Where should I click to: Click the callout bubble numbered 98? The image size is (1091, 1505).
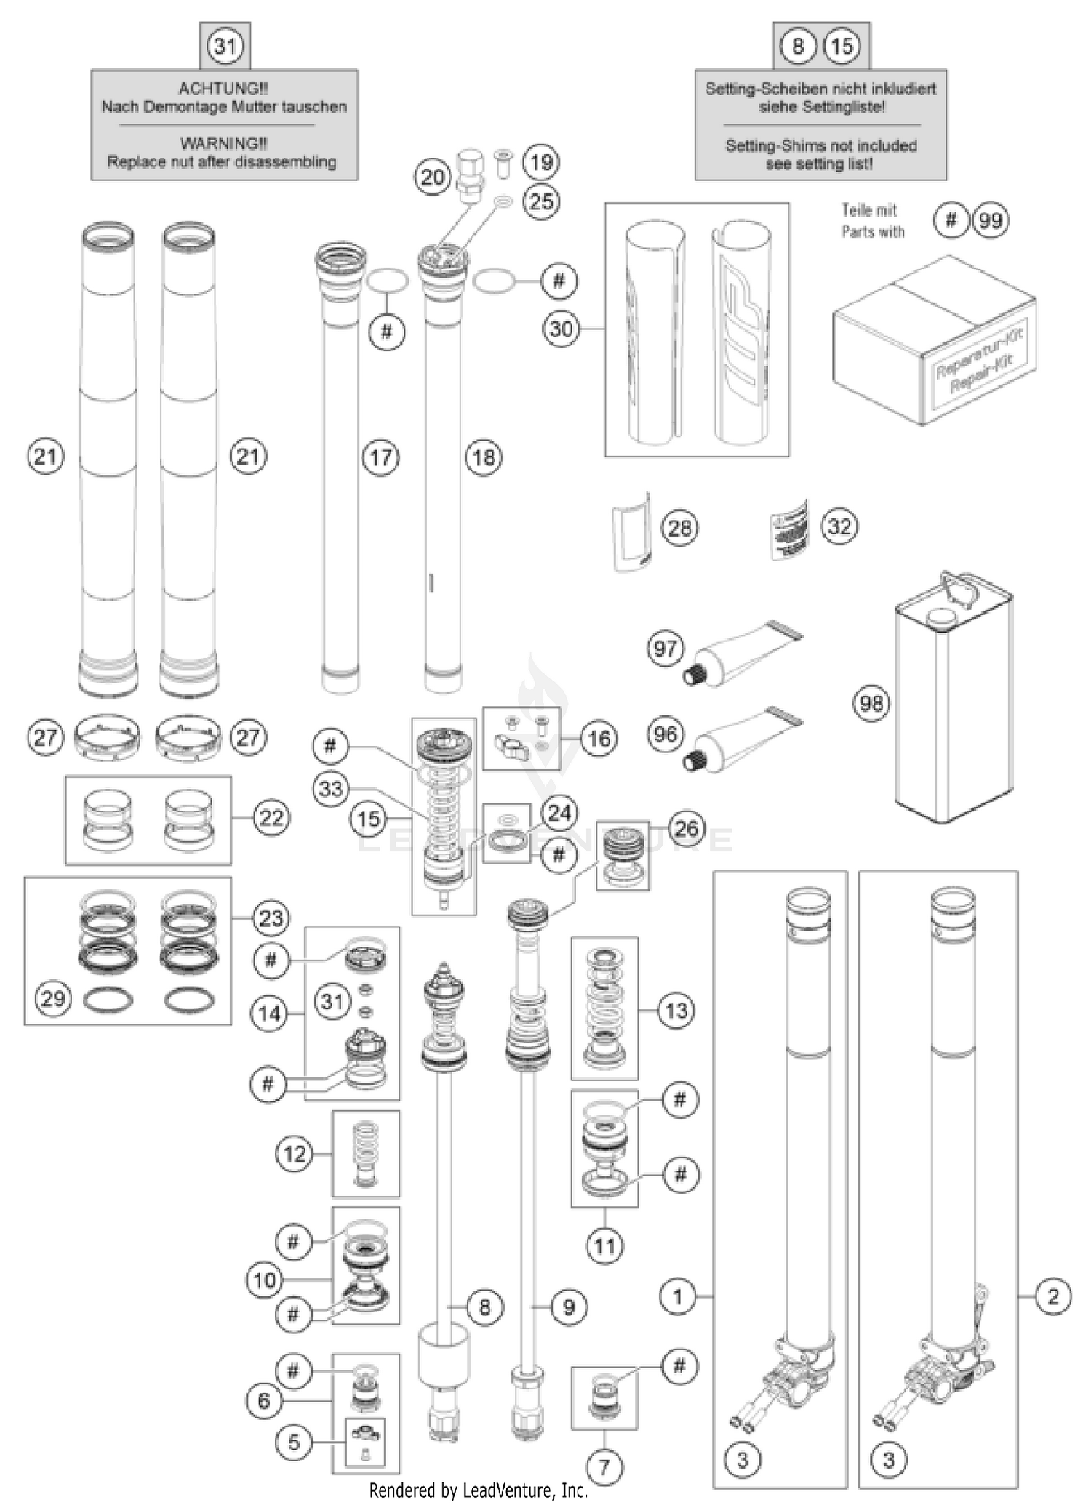click(871, 703)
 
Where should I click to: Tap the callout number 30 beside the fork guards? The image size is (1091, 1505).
click(561, 329)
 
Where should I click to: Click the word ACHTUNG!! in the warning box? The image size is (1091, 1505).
click(223, 89)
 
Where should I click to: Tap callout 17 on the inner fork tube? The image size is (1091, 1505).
click(381, 457)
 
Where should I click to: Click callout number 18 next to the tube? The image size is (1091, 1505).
click(484, 457)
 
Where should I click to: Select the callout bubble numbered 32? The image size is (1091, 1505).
click(839, 526)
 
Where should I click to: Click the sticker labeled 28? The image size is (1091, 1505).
click(631, 530)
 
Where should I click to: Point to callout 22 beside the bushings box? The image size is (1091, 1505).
click(271, 818)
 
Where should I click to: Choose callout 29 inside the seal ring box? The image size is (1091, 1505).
click(53, 998)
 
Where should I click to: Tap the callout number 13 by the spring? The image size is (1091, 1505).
click(676, 1010)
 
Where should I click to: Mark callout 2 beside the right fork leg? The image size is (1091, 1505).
click(1052, 1296)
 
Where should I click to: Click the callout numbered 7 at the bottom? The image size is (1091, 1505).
click(604, 1467)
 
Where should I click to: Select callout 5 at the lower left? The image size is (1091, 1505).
click(294, 1442)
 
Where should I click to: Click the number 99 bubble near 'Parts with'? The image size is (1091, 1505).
click(991, 220)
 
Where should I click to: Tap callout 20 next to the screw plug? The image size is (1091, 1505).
click(433, 177)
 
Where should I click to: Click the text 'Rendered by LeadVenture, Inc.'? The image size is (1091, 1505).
click(478, 1491)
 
